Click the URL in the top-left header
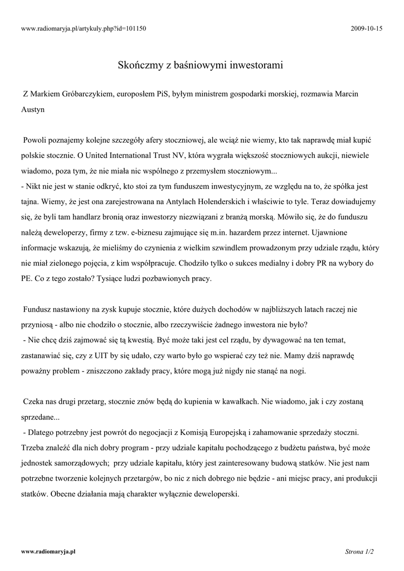[83, 28]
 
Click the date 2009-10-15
[367, 28]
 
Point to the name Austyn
[33, 110]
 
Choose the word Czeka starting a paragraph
[34, 401]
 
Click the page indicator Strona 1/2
[359, 551]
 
